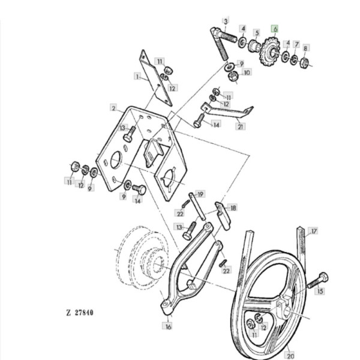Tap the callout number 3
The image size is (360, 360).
coord(226,21)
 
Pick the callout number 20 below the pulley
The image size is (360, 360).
coord(290,355)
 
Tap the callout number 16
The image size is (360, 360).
coord(168,326)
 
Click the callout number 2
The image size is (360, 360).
coord(113,108)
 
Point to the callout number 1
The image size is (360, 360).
coord(137,76)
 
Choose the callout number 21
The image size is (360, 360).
coord(241,127)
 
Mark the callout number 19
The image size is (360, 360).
coord(200,194)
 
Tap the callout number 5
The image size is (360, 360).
coord(256,33)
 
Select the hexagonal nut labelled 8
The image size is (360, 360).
coord(304,62)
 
